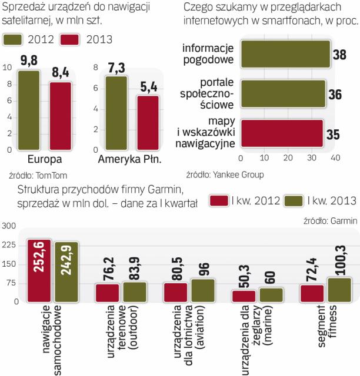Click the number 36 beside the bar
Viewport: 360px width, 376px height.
[x=336, y=95]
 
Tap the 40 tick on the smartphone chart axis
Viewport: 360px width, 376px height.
[x=335, y=159]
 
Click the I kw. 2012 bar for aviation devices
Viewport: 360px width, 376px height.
[x=175, y=291]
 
